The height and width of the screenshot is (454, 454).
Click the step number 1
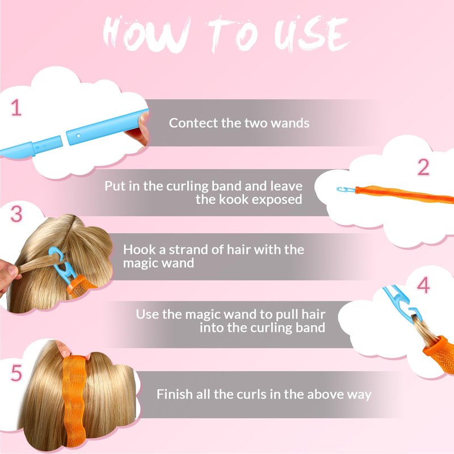16,108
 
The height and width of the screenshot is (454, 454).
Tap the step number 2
423,167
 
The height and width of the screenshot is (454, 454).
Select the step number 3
16,214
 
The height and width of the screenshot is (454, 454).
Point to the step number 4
423,285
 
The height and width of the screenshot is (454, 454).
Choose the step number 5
16,373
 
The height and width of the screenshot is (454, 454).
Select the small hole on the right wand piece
78,135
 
